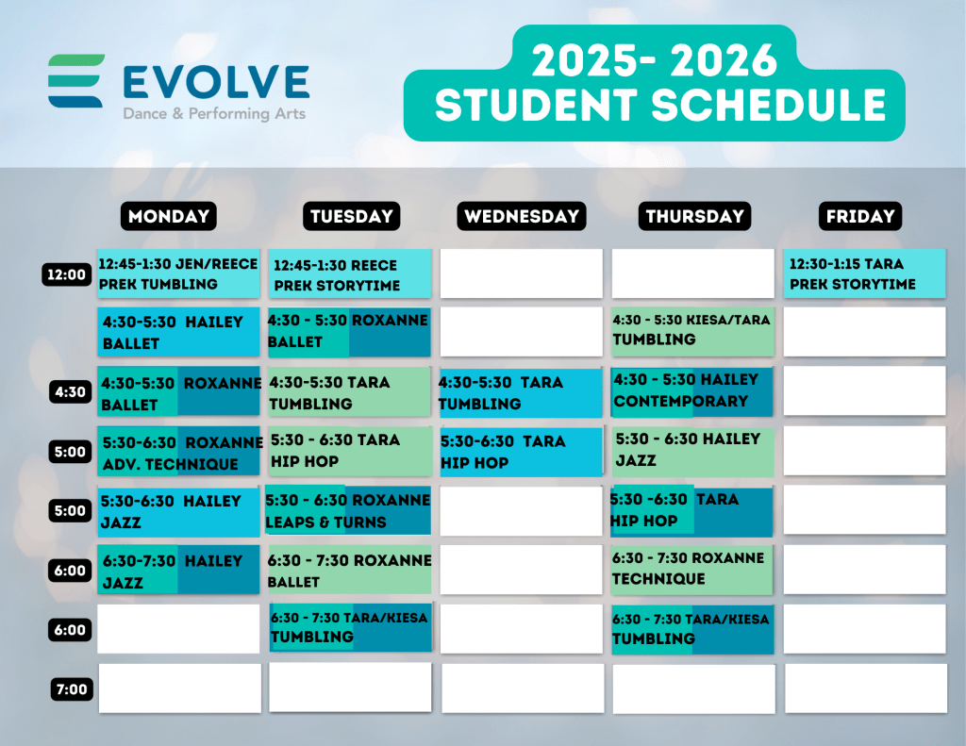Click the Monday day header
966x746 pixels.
pyautogui.click(x=168, y=216)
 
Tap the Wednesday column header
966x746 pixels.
pyautogui.click(x=521, y=216)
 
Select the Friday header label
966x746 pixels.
pyautogui.click(x=860, y=216)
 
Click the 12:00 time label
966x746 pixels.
pyautogui.click(x=67, y=274)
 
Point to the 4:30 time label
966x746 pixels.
pyautogui.click(x=70, y=391)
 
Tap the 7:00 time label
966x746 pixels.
pyautogui.click(x=72, y=689)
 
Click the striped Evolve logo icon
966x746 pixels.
pyautogui.click(x=75, y=81)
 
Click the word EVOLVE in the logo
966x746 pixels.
pyautogui.click(x=216, y=82)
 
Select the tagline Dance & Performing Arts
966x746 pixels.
pyautogui.click(x=214, y=114)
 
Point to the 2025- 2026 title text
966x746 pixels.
pyautogui.click(x=655, y=60)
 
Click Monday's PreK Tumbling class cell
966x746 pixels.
pyautogui.click(x=178, y=274)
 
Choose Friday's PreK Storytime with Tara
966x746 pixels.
pyautogui.click(x=864, y=274)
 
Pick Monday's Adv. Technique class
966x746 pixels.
pyautogui.click(x=178, y=451)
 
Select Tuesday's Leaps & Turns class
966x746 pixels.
pyautogui.click(x=349, y=510)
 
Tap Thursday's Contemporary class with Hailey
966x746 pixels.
pyautogui.click(x=691, y=391)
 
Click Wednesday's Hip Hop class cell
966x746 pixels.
pyautogui.click(x=521, y=452)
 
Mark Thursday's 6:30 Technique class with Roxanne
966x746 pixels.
pyautogui.click(x=691, y=570)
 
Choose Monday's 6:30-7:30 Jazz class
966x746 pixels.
pyautogui.click(x=178, y=570)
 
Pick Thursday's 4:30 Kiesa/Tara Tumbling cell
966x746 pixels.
pyautogui.click(x=692, y=332)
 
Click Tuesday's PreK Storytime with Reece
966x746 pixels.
pyautogui.click(x=350, y=274)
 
